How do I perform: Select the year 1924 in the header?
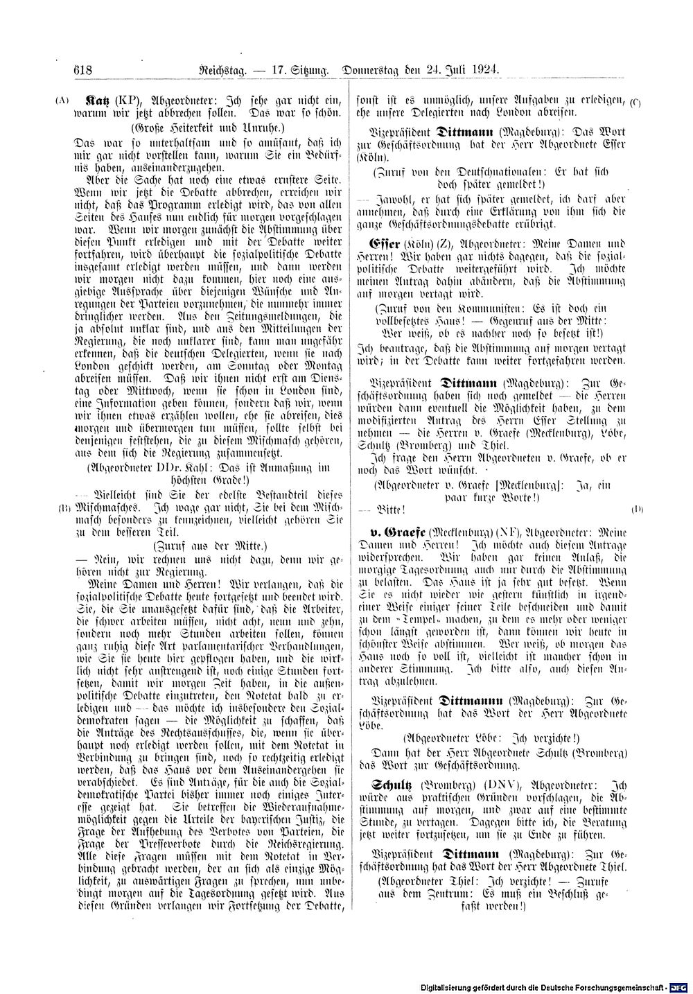[x=484, y=70]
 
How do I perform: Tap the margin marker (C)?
[x=635, y=102]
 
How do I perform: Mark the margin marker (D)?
[x=637, y=509]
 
